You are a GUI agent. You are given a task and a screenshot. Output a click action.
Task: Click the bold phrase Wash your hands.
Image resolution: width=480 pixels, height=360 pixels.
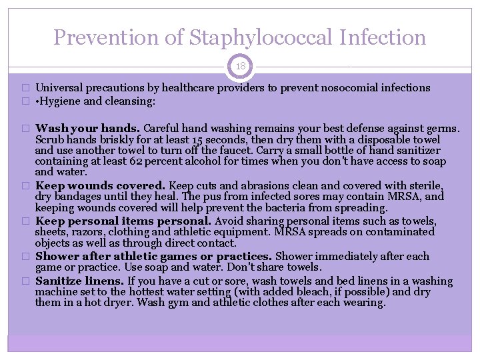pyautogui.click(x=87, y=128)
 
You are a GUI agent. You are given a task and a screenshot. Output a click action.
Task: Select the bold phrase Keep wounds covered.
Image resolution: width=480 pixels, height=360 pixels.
pyautogui.click(x=101, y=185)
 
